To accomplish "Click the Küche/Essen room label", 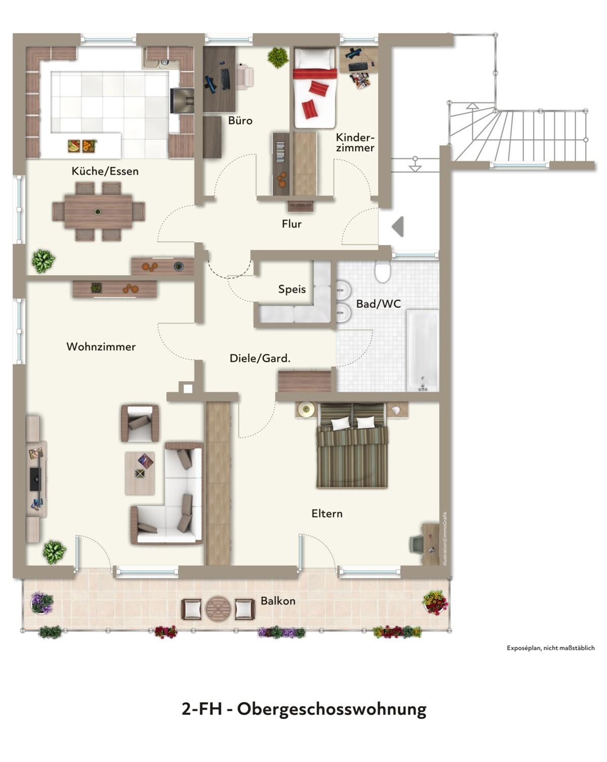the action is (x=105, y=171).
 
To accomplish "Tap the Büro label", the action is (x=240, y=120).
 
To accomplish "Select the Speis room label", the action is (x=292, y=289).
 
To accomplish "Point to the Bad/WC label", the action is (x=378, y=304).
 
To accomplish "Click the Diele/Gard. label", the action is (x=260, y=358).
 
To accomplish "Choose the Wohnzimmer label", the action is (x=101, y=346).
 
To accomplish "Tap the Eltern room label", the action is (x=327, y=514).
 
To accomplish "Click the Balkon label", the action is (x=278, y=601).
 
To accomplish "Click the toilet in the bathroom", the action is (x=382, y=271).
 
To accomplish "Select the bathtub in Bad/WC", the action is (x=423, y=351).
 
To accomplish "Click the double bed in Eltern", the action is (x=352, y=446).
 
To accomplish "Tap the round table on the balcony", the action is (x=218, y=609).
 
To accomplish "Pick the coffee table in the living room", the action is (x=140, y=473).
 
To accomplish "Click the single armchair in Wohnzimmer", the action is (x=140, y=423).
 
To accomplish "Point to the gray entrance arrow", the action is (x=398, y=226).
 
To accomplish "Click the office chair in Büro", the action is (x=245, y=76).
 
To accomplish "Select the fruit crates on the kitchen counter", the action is (x=82, y=145).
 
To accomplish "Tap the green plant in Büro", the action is (x=278, y=57).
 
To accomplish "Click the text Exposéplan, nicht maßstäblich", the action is (x=551, y=648).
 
